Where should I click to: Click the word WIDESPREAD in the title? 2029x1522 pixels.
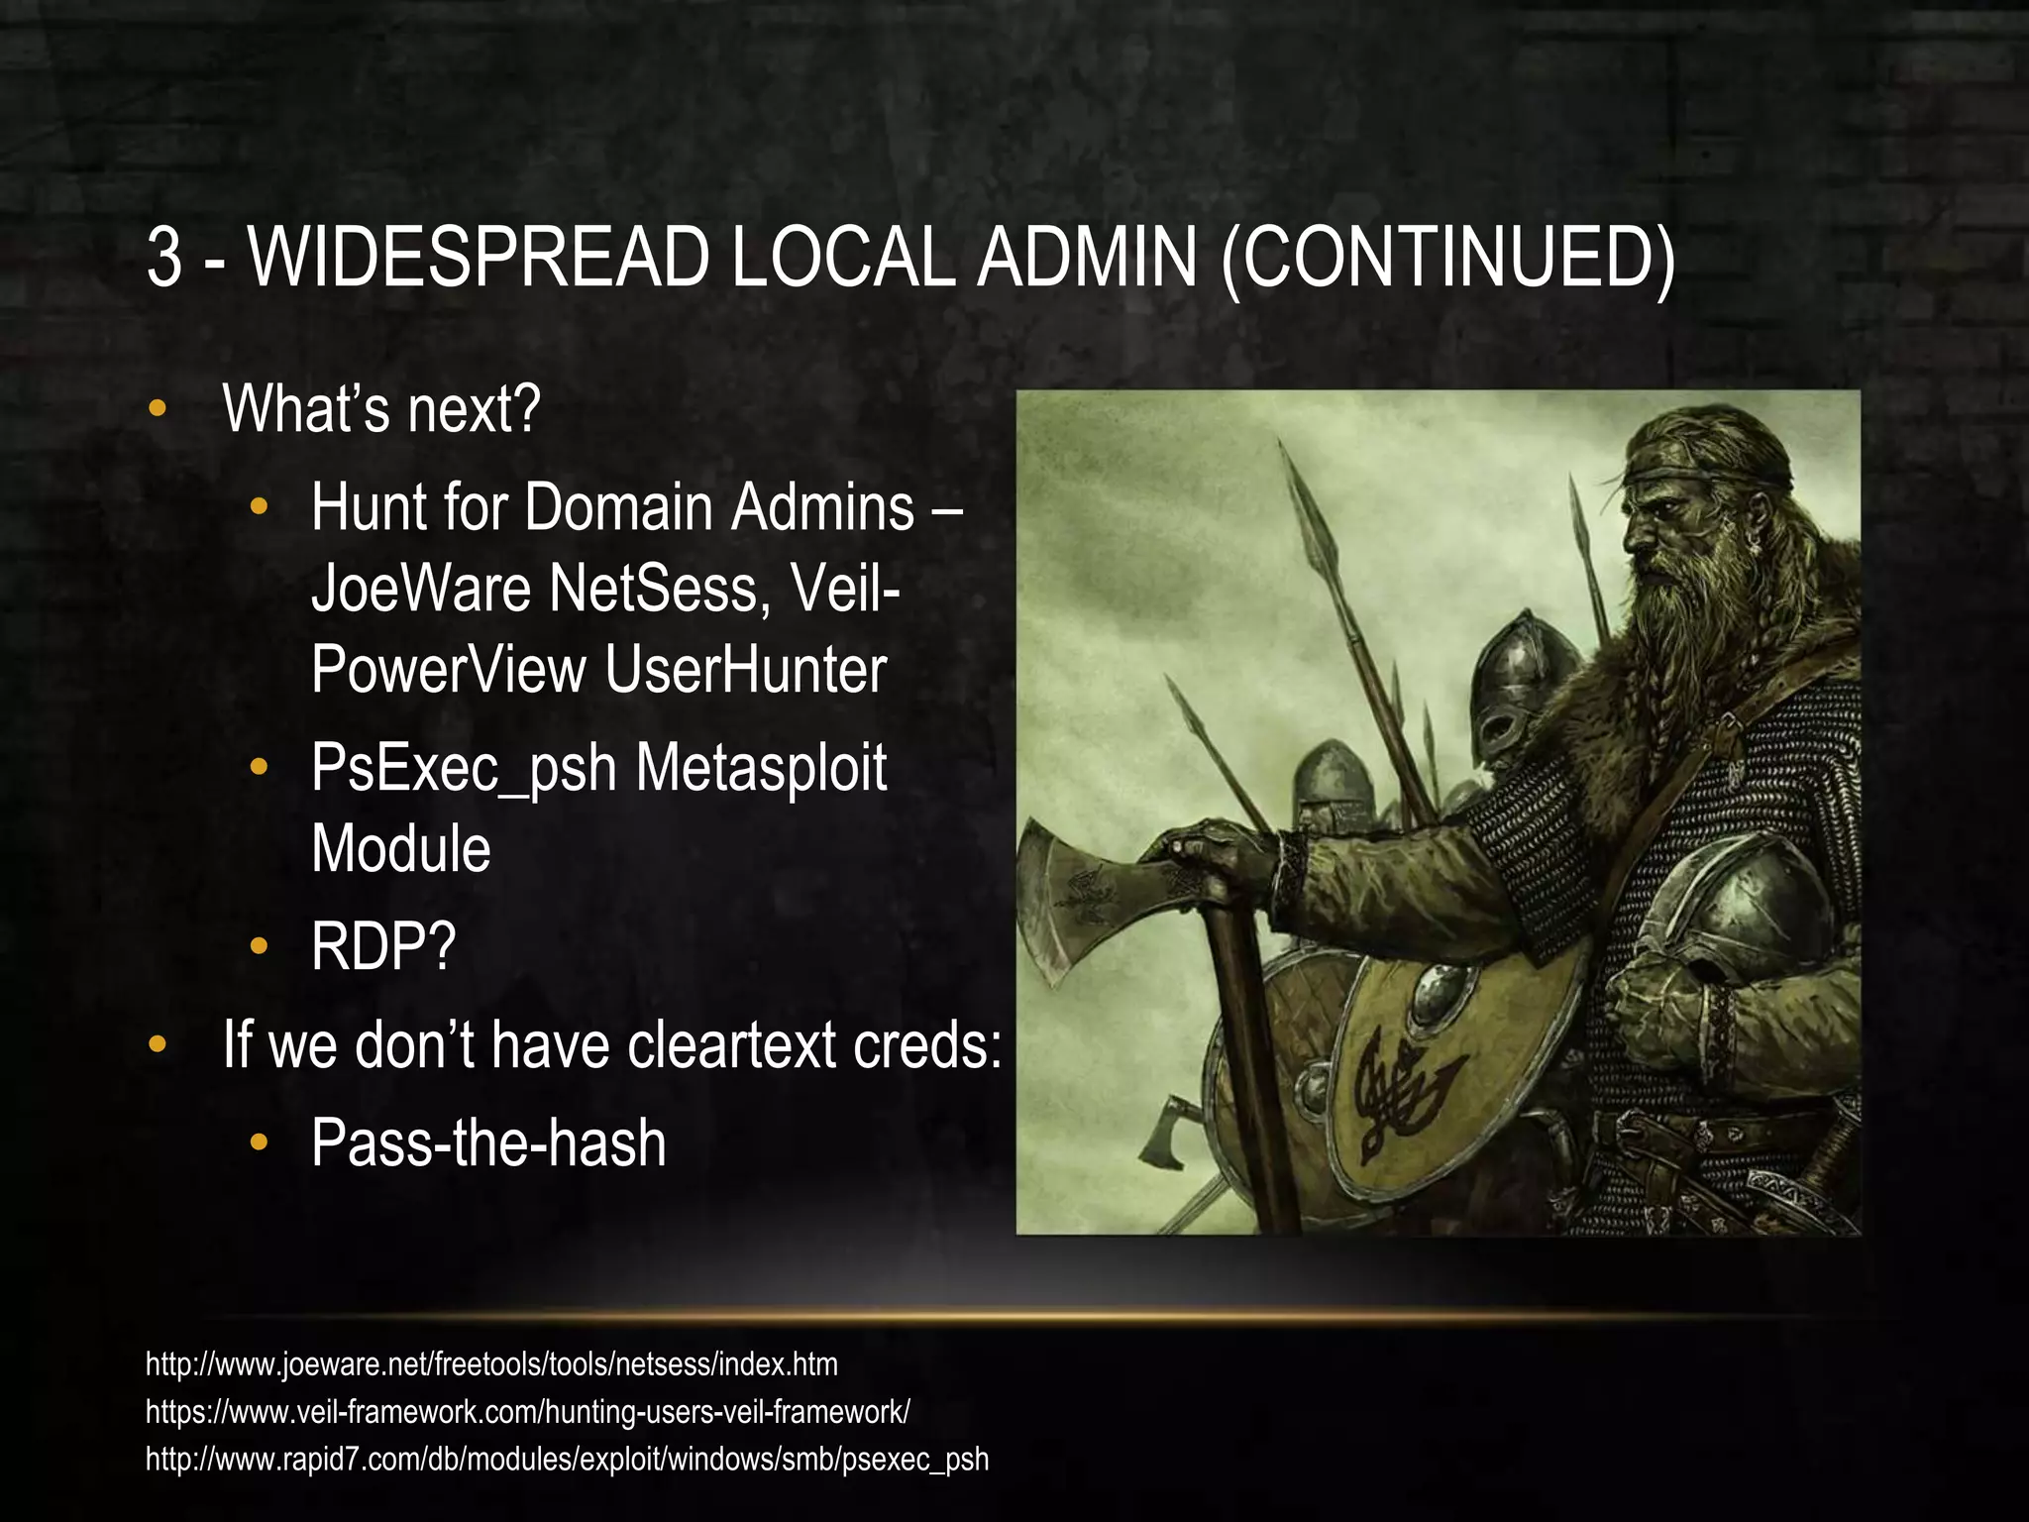click(479, 257)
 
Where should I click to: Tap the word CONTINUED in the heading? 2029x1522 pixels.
click(1447, 257)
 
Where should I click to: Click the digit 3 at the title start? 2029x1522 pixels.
click(164, 257)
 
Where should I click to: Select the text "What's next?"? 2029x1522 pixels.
click(381, 408)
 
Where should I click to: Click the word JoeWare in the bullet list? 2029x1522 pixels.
click(421, 588)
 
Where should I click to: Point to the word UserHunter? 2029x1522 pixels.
click(745, 669)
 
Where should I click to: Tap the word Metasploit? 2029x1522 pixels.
click(761, 768)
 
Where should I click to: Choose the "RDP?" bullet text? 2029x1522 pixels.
click(383, 946)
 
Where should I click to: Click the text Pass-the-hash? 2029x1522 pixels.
click(488, 1142)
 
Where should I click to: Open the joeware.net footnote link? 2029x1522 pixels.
click(491, 1364)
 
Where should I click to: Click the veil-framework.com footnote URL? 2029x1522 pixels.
click(527, 1411)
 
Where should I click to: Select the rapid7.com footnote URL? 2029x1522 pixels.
click(567, 1459)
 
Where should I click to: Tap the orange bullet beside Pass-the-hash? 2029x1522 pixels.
click(259, 1142)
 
